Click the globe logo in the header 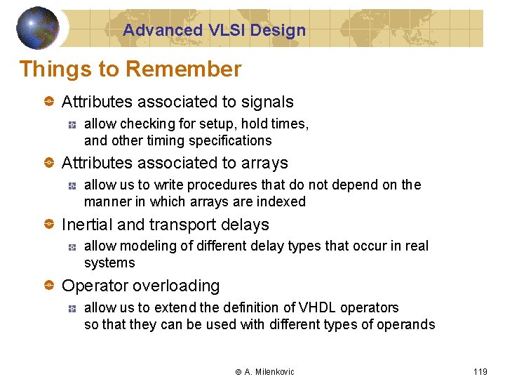[x=37, y=28]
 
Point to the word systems [x=109, y=263]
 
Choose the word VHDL [x=317, y=307]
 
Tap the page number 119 [x=480, y=371]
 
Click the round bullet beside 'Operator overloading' [x=49, y=286]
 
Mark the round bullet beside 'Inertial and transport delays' [x=49, y=225]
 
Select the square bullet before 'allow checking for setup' [x=72, y=124]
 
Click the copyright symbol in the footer [x=238, y=371]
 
